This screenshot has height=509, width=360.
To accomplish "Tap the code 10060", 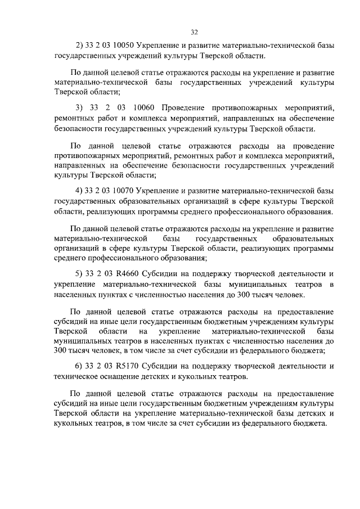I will pyautogui.click(x=146, y=107).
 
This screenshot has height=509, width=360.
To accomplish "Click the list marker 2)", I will pyautogui.click(x=79, y=47).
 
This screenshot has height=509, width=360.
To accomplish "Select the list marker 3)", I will pyautogui.click(x=79, y=107).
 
